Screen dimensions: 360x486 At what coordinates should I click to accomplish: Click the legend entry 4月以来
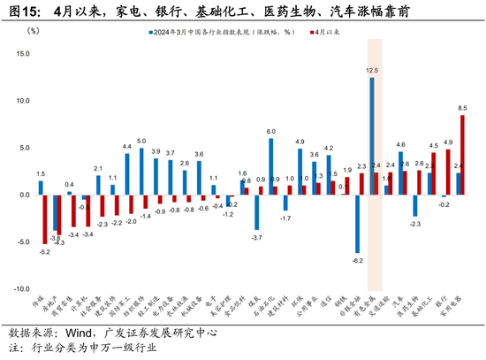coord(332,33)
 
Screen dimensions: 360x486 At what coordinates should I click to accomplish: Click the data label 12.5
coord(372,70)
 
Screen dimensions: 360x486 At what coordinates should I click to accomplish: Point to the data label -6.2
coord(357,260)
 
